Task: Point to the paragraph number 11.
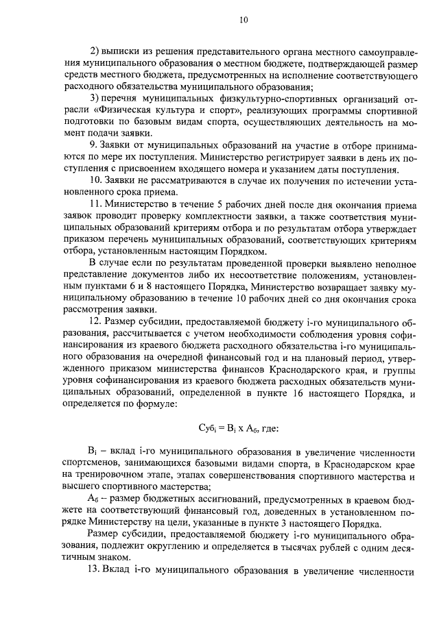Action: tap(96, 204)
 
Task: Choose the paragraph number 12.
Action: tap(96, 322)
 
